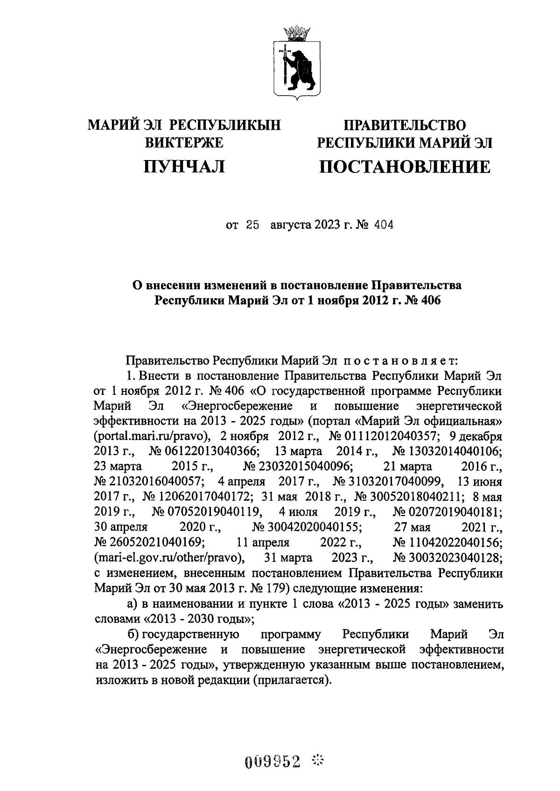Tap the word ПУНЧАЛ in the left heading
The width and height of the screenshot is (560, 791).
point(184,166)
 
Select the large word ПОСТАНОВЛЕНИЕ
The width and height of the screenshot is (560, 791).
point(405,167)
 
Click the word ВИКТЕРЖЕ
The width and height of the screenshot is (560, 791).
point(184,143)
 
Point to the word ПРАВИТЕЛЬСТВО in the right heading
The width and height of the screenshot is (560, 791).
point(405,125)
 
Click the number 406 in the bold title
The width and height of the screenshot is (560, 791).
point(430,301)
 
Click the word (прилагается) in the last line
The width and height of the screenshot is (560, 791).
point(292,680)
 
